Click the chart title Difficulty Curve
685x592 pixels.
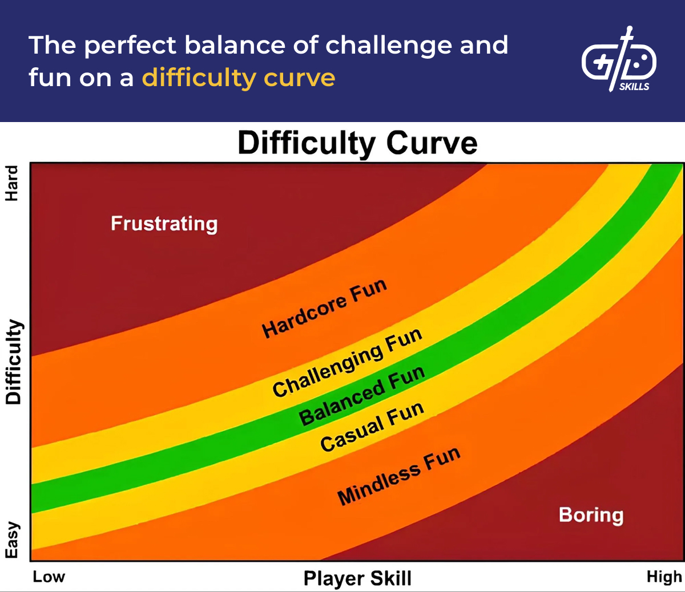pos(357,143)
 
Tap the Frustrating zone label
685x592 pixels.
pos(164,224)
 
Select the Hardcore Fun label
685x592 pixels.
pos(324,309)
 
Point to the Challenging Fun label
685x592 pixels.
pos(347,363)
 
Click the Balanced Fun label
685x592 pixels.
pos(362,396)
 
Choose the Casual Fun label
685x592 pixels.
pos(372,426)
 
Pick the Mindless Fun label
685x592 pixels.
pos(398,476)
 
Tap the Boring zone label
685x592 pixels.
pos(591,514)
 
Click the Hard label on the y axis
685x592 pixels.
pos(12,183)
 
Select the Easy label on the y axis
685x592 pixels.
pos(12,540)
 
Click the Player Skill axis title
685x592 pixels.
pos(357,578)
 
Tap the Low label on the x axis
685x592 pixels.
pos(49,577)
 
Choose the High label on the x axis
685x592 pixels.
pos(664,577)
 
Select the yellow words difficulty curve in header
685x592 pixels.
pos(239,78)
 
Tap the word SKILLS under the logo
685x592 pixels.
pos(634,87)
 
